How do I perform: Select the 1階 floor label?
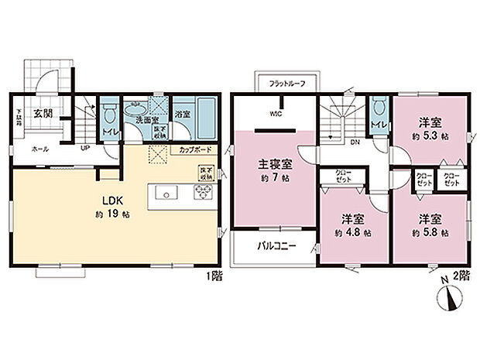(x=214, y=276)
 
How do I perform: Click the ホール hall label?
(x=36, y=148)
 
